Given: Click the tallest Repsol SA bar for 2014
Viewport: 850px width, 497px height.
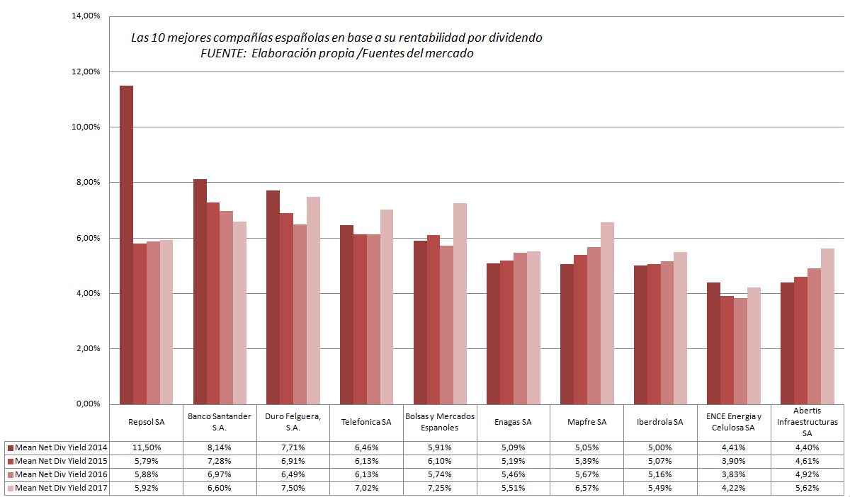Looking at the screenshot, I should (126, 244).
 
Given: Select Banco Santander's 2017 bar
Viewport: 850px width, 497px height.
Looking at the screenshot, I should (240, 312).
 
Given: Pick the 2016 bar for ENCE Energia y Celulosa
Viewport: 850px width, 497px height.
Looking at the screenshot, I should (740, 350).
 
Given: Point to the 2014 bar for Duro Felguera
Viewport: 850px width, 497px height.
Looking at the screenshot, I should (273, 297).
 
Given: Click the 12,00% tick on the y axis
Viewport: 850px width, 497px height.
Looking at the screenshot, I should (86, 72).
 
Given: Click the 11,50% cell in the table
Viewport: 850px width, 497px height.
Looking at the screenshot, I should (147, 447).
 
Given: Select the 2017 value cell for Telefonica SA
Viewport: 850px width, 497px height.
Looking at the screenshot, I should (366, 488).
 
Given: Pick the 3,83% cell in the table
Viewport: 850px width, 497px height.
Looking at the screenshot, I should (734, 474).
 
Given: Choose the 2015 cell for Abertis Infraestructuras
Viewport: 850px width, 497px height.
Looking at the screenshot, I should (807, 461).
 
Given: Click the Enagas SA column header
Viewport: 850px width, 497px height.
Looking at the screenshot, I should (514, 422).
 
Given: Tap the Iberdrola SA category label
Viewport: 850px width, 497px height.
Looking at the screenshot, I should (660, 422).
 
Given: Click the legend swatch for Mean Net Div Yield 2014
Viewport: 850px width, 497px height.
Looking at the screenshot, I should (10, 447).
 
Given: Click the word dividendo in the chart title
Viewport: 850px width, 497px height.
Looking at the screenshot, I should (516, 38).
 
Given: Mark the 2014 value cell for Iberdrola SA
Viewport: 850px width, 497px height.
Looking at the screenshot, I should (660, 447).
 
